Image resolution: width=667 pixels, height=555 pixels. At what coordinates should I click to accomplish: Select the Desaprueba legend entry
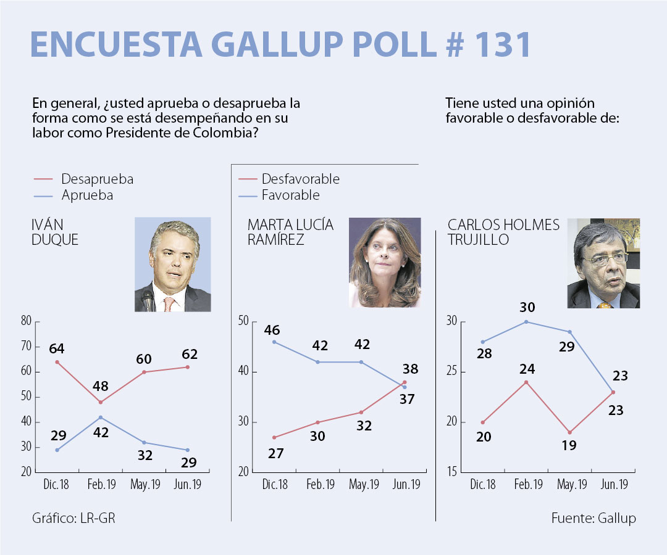pyautogui.click(x=97, y=179)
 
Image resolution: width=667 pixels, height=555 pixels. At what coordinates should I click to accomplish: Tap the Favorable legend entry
pyautogui.click(x=290, y=195)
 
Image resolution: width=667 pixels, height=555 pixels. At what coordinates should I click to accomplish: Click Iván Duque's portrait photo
pyautogui.click(x=172, y=265)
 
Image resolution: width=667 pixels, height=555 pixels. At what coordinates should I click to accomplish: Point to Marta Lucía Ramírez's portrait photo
pyautogui.click(x=385, y=262)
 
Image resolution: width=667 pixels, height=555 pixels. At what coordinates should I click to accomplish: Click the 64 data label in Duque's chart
pyautogui.click(x=57, y=348)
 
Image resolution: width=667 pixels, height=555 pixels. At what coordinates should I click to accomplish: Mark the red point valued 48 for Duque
pyautogui.click(x=101, y=402)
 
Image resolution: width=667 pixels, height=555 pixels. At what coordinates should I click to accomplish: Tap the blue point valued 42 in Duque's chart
pyautogui.click(x=101, y=417)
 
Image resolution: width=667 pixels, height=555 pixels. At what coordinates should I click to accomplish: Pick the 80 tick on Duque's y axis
pyautogui.click(x=26, y=321)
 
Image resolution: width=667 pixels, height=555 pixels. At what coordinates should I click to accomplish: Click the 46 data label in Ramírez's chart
pyautogui.click(x=272, y=329)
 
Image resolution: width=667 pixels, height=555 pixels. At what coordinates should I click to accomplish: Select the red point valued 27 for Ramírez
pyautogui.click(x=274, y=437)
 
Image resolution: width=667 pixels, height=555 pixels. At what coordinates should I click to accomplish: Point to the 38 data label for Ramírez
pyautogui.click(x=410, y=369)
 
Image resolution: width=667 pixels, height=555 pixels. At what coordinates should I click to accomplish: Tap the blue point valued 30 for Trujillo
pyautogui.click(x=526, y=322)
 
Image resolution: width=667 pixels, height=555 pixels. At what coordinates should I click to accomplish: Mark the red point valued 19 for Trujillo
pyautogui.click(x=569, y=432)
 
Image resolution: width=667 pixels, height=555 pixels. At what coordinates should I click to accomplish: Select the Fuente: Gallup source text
pyautogui.click(x=593, y=518)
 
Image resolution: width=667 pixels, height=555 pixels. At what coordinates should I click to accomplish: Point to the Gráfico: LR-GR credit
pyautogui.click(x=73, y=518)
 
